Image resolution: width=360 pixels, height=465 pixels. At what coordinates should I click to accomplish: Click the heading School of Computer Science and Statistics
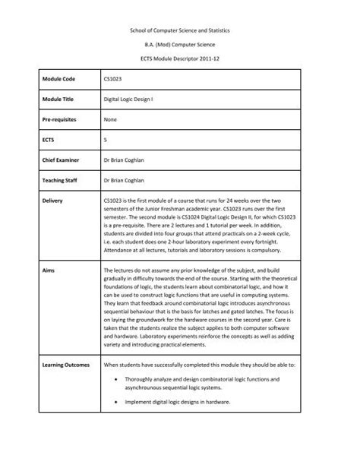click(179, 28)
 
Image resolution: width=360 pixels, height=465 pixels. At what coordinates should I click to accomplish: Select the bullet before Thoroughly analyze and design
click(114, 378)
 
